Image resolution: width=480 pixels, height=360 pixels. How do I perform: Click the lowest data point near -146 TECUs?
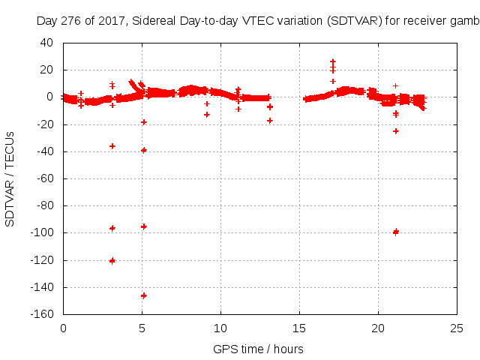pyautogui.click(x=143, y=295)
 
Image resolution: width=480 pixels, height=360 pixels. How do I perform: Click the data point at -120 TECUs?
pyautogui.click(x=112, y=261)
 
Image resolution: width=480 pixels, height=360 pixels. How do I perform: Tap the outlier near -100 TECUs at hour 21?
pyautogui.click(x=395, y=232)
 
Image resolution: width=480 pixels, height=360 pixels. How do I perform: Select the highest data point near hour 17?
pyautogui.click(x=332, y=61)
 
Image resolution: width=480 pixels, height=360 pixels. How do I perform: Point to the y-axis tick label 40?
pyautogui.click(x=47, y=43)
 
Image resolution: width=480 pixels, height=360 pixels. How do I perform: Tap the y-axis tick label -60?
pyautogui.click(x=46, y=178)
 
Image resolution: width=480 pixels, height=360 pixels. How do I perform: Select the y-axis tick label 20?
pyautogui.click(x=47, y=70)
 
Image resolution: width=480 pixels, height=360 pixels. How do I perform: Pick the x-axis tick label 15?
pyautogui.click(x=299, y=328)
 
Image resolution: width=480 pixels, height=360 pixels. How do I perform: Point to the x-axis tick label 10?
pyautogui.click(x=220, y=328)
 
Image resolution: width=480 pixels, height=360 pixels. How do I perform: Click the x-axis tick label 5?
pyautogui.click(x=142, y=328)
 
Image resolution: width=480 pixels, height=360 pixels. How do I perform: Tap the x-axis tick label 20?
pyautogui.click(x=378, y=328)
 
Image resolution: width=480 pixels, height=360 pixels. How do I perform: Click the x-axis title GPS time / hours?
pyautogui.click(x=259, y=349)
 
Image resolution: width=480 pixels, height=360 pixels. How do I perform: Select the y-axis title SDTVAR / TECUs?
pyautogui.click(x=10, y=178)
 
